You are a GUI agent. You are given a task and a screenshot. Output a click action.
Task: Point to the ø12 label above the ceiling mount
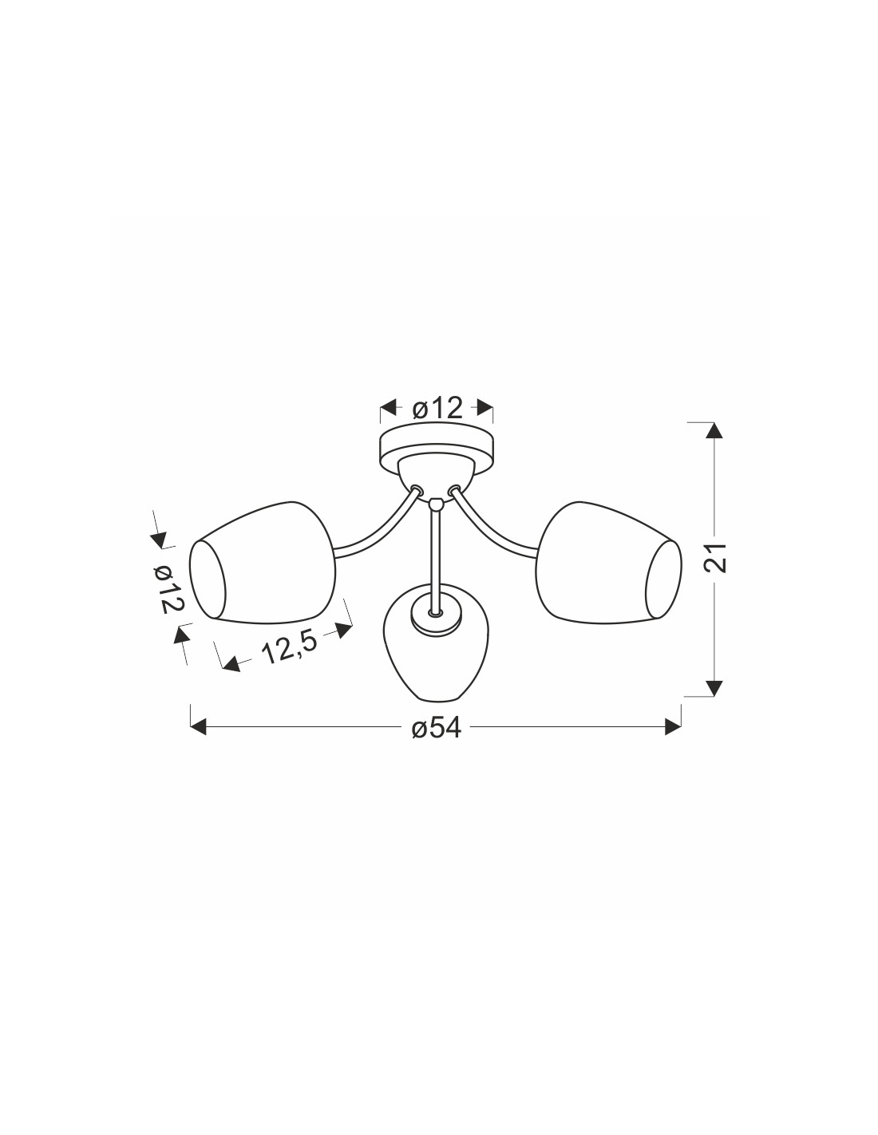[x=437, y=409]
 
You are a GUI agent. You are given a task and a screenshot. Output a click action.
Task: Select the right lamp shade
[x=609, y=563]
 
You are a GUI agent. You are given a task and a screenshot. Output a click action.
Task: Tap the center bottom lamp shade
[x=436, y=643]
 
